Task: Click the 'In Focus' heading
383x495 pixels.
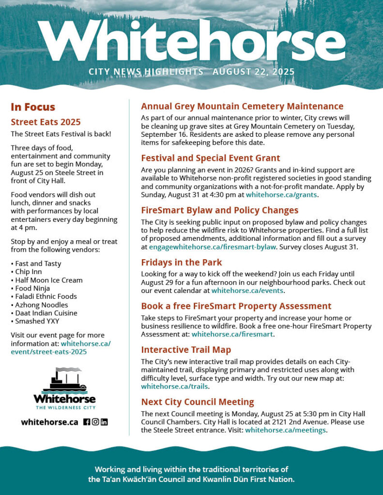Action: click(x=33, y=107)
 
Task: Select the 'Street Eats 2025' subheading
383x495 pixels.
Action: click(x=46, y=122)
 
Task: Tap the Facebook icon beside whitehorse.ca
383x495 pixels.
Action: click(x=87, y=422)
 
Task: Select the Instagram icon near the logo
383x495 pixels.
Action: click(x=95, y=422)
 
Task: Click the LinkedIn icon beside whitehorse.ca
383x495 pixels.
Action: click(x=104, y=422)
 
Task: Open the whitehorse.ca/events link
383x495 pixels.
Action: click(x=247, y=291)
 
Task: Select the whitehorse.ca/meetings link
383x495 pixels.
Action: click(x=285, y=430)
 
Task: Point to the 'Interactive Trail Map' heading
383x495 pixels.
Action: click(x=186, y=349)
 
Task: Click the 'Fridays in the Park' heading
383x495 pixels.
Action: click(x=182, y=262)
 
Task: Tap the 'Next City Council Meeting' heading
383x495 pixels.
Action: click(x=198, y=402)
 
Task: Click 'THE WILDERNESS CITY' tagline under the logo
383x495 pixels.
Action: click(x=64, y=408)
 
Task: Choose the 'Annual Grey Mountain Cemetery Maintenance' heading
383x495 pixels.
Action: click(x=242, y=106)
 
